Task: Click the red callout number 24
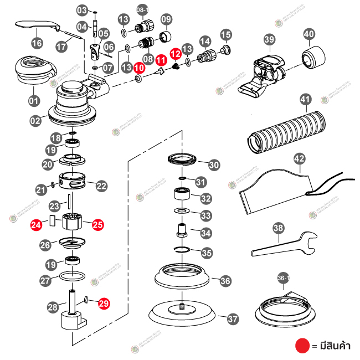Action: pos(37,225)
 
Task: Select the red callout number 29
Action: pos(104,303)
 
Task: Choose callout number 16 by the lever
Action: pos(37,43)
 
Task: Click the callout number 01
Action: pos(34,101)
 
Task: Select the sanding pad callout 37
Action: pos(233,318)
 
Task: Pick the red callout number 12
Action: pos(175,53)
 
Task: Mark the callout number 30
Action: pos(214,164)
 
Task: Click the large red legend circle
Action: pos(301,346)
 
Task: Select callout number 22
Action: pos(101,186)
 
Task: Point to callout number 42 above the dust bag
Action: pos(299,159)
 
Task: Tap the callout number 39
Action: pos(269,40)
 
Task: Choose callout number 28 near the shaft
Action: pos(53,307)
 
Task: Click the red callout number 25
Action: pos(97,225)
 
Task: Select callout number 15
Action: pos(225,35)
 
